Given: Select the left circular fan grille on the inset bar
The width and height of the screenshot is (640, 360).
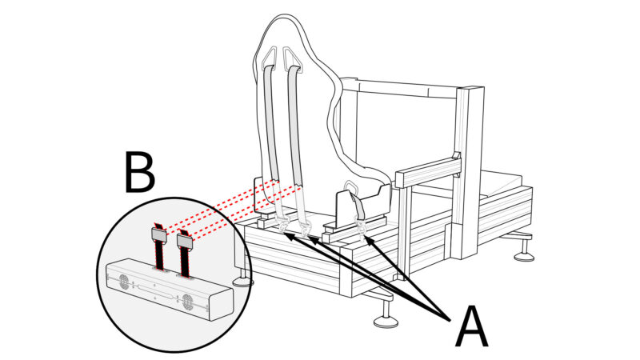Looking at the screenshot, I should coord(125,282).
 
